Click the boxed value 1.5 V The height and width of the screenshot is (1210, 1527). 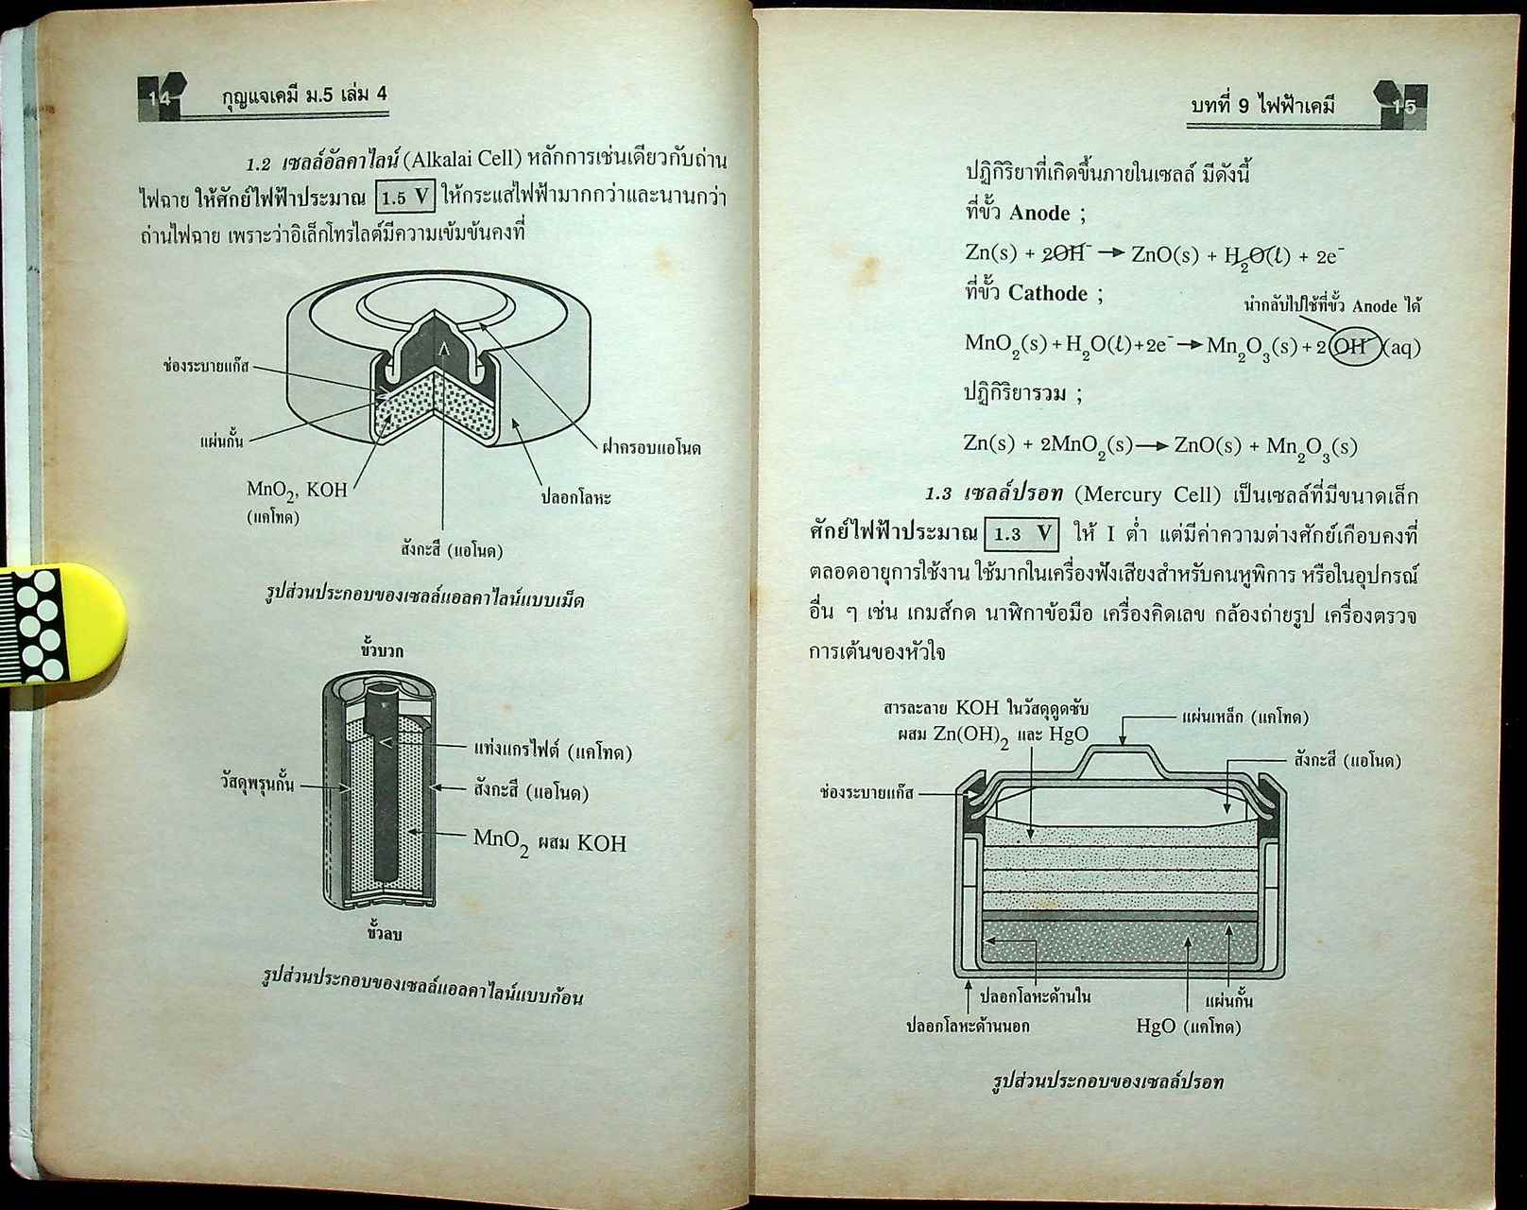405,198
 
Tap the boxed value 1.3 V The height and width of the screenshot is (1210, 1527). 1021,534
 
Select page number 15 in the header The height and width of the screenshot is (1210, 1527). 1404,106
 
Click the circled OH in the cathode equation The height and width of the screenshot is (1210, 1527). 1354,346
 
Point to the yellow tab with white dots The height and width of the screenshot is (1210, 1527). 61,622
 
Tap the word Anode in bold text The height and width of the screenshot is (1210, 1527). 1039,213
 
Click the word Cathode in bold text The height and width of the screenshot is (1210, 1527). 1048,293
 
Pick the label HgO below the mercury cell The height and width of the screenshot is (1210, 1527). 1155,1027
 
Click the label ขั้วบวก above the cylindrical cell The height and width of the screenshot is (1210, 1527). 382,650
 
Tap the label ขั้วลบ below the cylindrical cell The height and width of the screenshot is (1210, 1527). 385,934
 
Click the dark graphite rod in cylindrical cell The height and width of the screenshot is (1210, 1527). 385,785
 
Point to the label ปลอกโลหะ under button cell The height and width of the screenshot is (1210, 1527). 575,497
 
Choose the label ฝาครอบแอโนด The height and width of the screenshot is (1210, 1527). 651,448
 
